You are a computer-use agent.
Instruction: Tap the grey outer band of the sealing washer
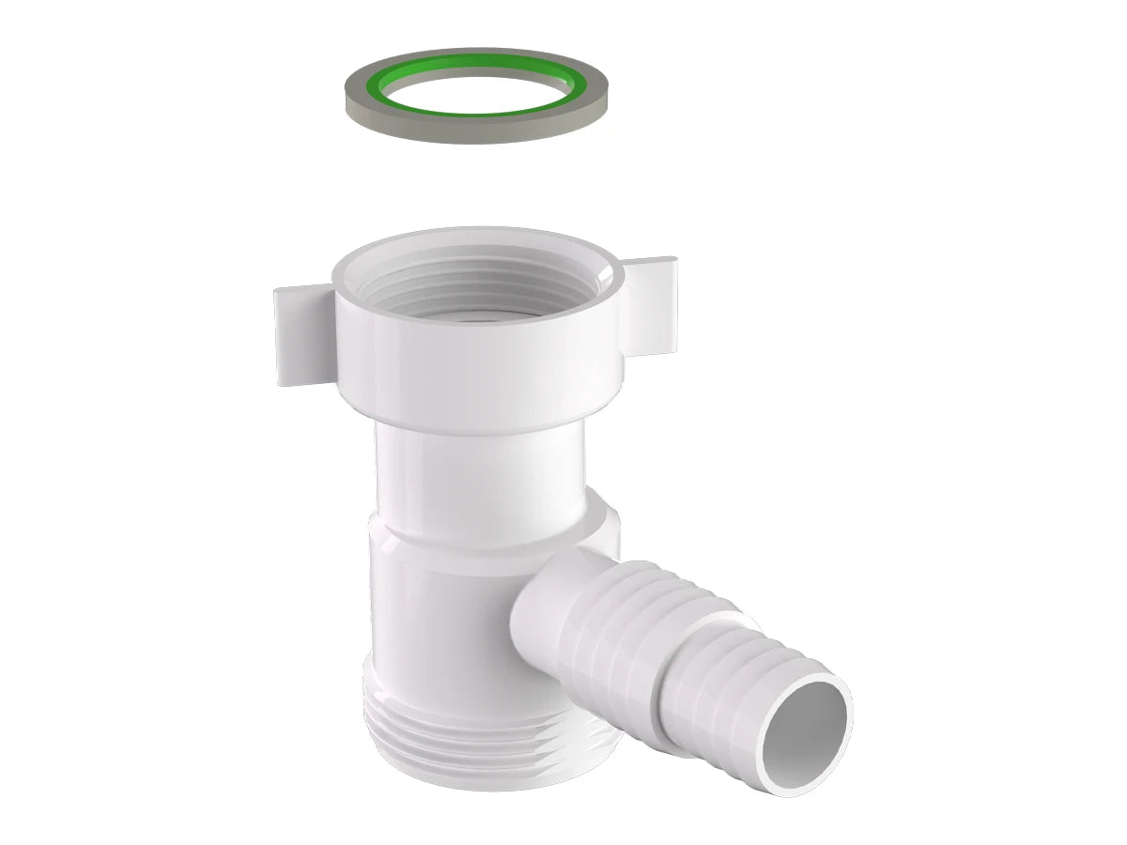470,131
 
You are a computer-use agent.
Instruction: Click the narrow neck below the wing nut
479,469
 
